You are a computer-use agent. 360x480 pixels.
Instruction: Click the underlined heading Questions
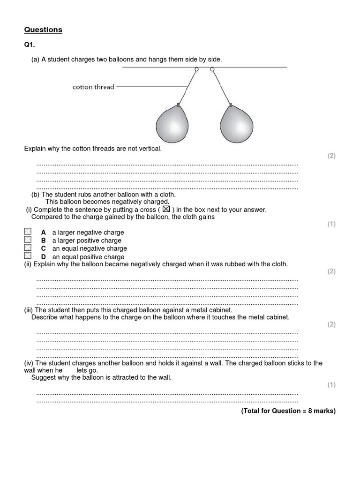point(43,30)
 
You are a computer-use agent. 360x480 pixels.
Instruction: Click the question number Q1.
point(29,45)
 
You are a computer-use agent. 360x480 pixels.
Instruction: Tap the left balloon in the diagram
point(172,126)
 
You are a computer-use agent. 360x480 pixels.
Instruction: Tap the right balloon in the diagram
point(237,126)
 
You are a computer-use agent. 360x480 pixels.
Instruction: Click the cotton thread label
point(93,87)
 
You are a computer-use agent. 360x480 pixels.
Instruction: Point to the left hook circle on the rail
point(196,69)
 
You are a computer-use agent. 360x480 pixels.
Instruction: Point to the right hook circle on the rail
point(212,69)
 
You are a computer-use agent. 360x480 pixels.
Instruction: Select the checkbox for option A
point(28,232)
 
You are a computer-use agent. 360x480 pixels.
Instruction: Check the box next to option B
point(28,240)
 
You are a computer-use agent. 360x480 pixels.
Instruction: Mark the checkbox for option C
point(28,248)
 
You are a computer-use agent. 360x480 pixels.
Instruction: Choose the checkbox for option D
point(28,256)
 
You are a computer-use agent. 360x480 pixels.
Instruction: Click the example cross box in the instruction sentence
point(165,210)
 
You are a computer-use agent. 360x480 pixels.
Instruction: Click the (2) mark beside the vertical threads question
point(331,156)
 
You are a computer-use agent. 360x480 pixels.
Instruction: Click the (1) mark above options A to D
point(331,224)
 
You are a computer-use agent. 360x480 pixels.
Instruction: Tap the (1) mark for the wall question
point(331,385)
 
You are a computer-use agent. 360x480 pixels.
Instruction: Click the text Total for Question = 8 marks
point(288,411)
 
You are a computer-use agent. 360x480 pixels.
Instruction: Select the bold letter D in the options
point(43,257)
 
